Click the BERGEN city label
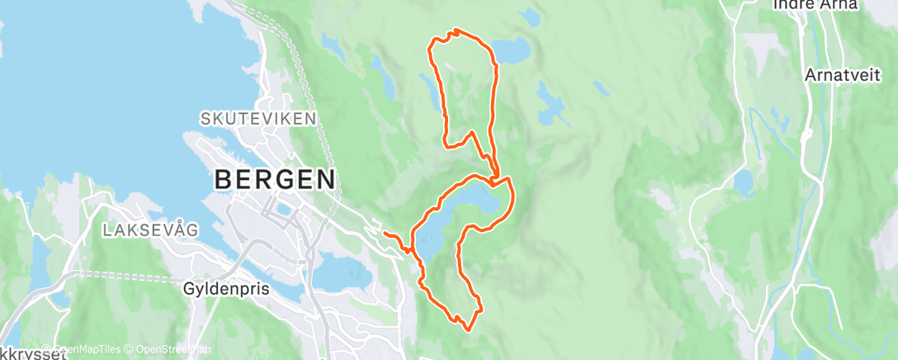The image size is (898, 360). click(x=276, y=178)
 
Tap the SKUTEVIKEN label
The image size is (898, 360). click(x=258, y=119)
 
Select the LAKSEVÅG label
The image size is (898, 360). click(x=151, y=230)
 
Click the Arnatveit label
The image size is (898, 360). click(x=839, y=75)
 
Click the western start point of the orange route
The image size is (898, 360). click(x=385, y=234)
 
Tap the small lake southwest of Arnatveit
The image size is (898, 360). click(x=744, y=181)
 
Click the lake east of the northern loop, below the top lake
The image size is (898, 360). click(x=550, y=104)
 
